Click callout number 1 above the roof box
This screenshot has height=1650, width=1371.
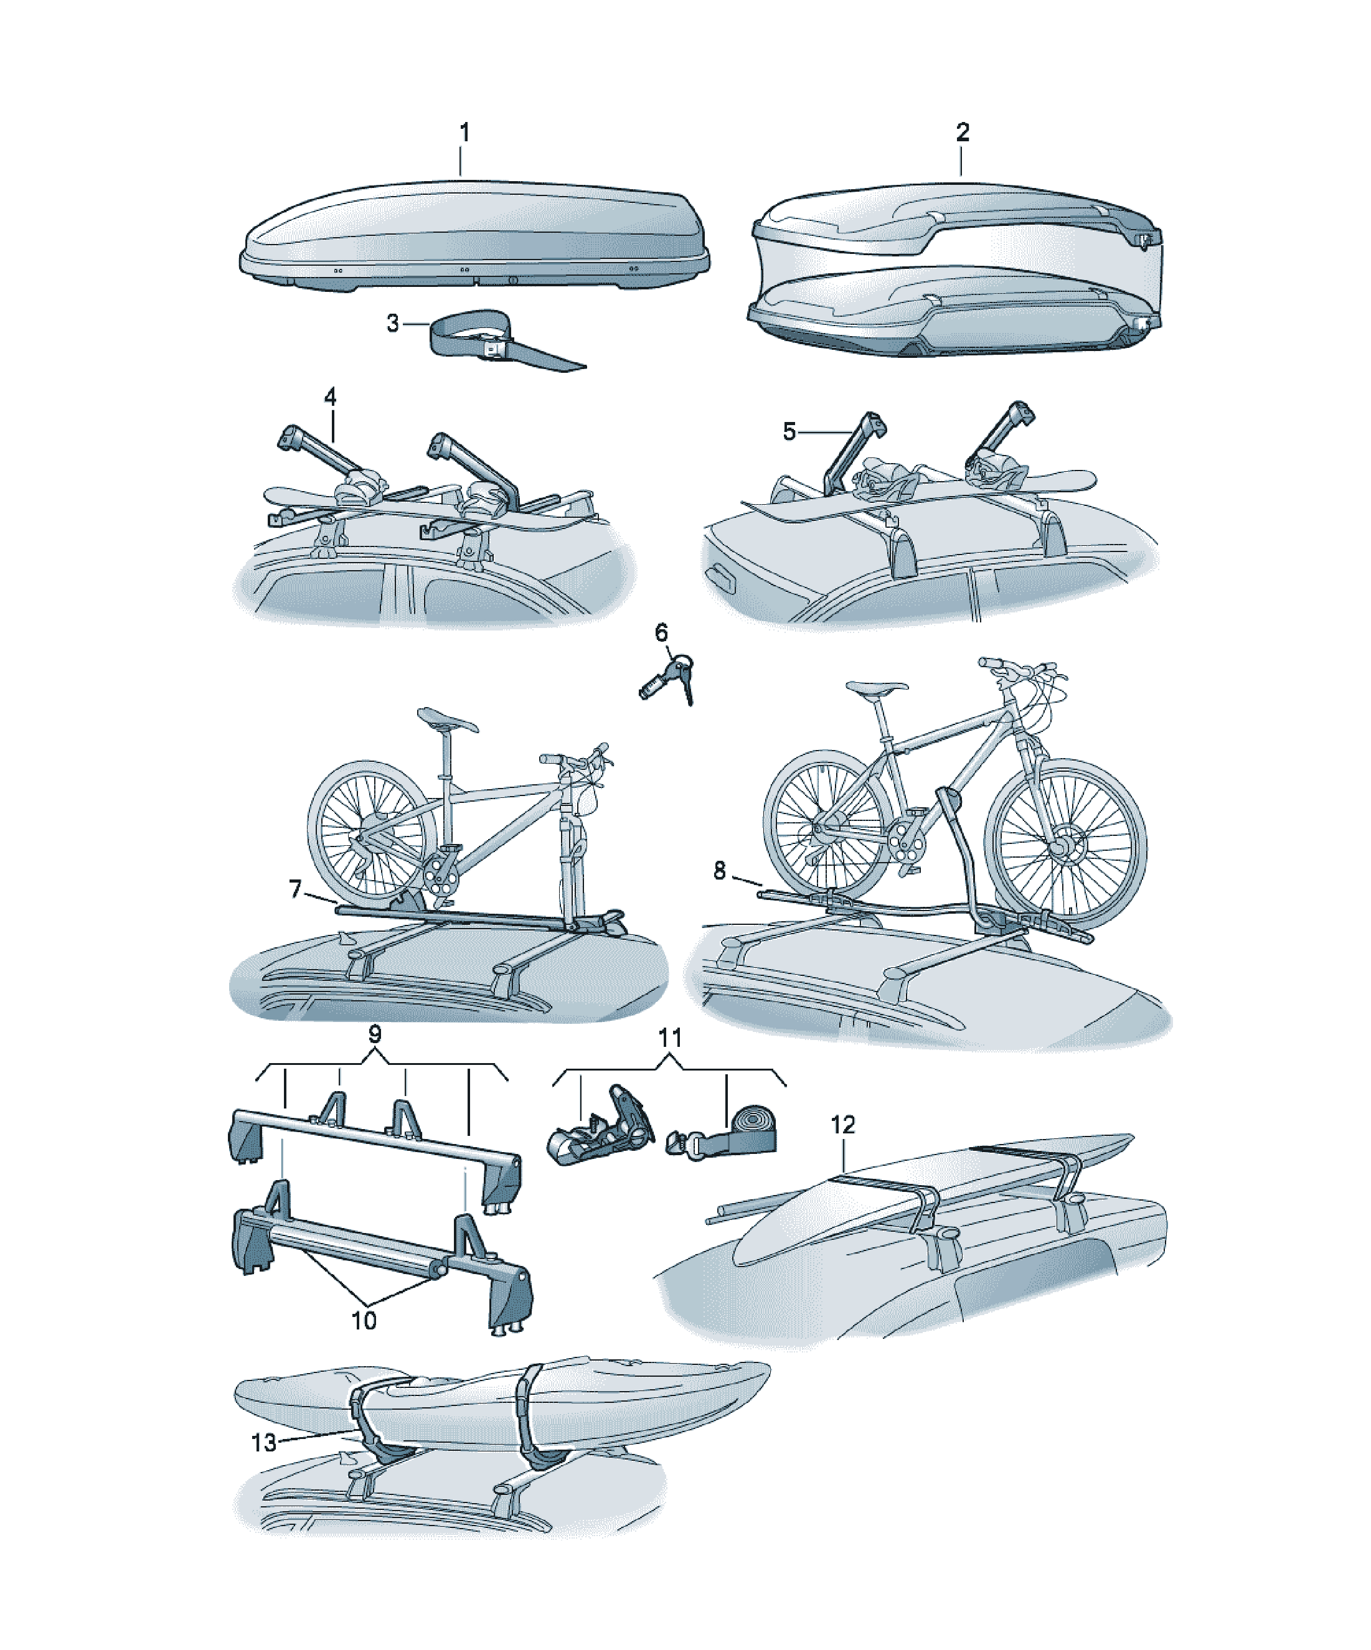point(464,132)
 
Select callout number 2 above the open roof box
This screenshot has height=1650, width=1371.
point(962,132)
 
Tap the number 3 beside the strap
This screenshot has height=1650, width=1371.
point(393,323)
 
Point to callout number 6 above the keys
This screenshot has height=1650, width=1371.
point(661,632)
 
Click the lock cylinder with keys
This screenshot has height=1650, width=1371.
point(667,678)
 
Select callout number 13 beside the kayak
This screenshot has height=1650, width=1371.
point(264,1443)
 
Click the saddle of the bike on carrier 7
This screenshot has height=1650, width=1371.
point(446,719)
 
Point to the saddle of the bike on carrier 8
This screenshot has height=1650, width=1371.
point(877,687)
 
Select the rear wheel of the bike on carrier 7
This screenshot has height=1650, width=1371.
point(371,832)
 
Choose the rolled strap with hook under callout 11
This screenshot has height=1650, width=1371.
point(722,1133)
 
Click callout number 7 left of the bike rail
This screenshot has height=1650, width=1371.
point(296,889)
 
